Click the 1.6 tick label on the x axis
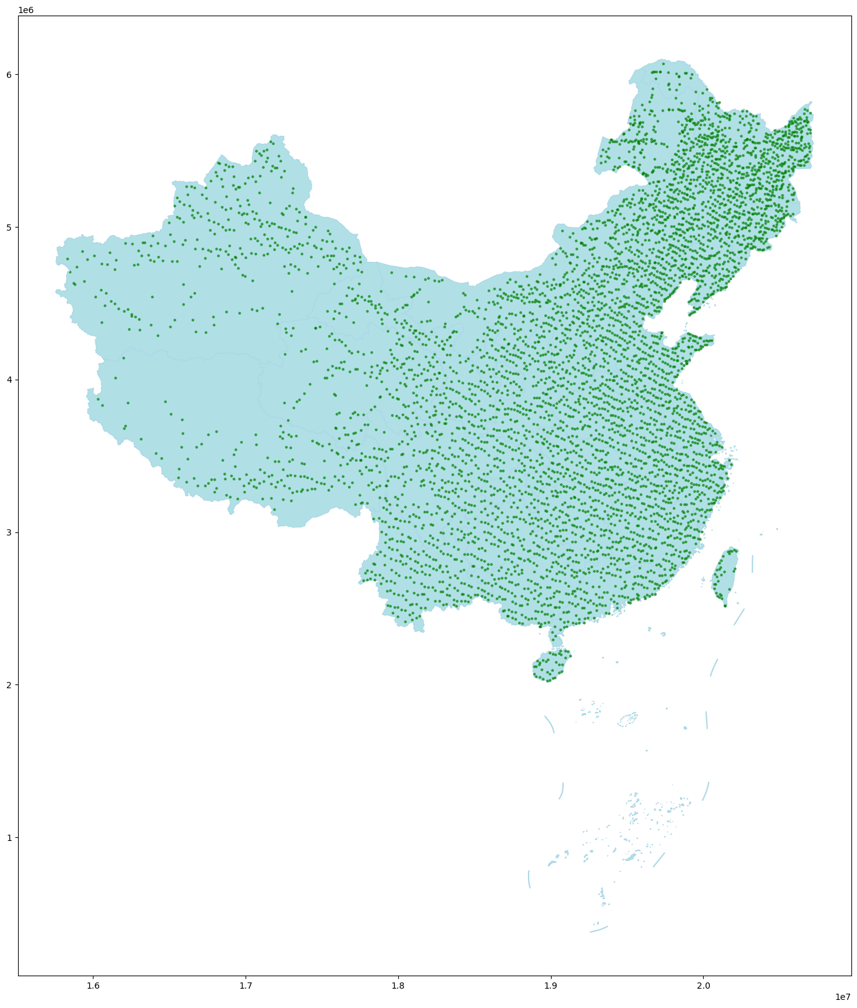click(93, 986)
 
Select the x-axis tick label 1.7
click(246, 986)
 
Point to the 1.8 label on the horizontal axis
click(398, 986)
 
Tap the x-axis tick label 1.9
click(551, 986)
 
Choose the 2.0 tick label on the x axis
click(704, 986)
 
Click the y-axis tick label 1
click(9, 837)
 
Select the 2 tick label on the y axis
click(9, 684)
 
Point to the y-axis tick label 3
click(9, 532)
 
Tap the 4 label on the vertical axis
click(9, 380)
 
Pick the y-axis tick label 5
click(9, 227)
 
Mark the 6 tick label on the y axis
click(9, 74)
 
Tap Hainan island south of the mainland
click(551, 666)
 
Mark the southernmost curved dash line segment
click(599, 929)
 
